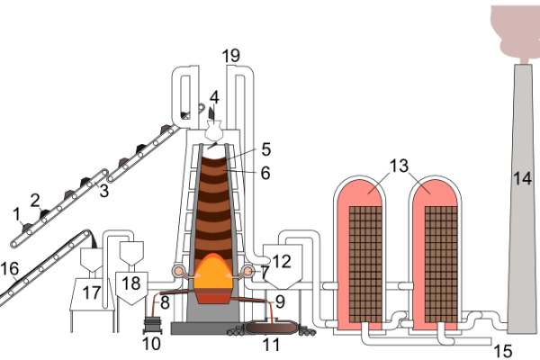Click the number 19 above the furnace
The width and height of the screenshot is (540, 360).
pos(231,57)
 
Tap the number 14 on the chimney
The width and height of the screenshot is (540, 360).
pos(522,175)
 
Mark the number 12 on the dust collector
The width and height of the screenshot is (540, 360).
pos(282,262)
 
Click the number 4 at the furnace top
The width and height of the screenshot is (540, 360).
pos(213,96)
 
